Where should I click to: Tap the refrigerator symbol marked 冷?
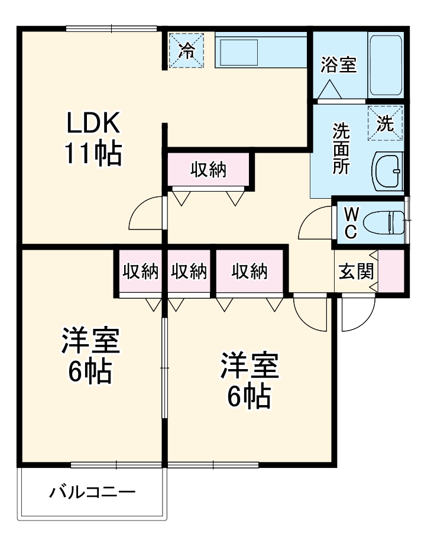click(186, 50)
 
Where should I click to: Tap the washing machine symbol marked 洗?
click(385, 123)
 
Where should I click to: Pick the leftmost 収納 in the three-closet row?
click(140, 271)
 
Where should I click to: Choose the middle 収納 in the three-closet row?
click(189, 271)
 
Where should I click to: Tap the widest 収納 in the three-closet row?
click(249, 271)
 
